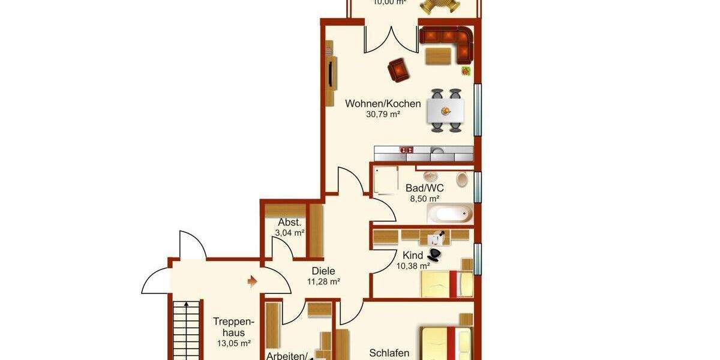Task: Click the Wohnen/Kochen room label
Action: (383, 104)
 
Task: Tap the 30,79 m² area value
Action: (383, 114)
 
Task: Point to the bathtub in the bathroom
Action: (449, 213)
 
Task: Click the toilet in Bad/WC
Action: (463, 179)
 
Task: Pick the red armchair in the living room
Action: (398, 70)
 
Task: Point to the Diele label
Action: (323, 271)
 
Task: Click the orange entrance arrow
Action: (253, 280)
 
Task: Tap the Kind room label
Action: (413, 256)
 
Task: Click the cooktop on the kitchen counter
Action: (407, 150)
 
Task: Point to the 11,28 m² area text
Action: (323, 281)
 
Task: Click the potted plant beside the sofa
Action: (465, 71)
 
